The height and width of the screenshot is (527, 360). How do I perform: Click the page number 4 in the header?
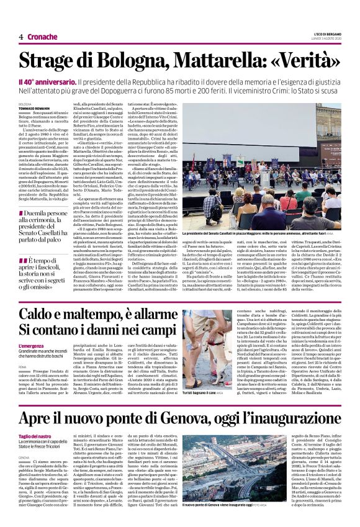tap(21, 37)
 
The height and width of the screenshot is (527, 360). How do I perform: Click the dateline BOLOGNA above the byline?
tap(25, 104)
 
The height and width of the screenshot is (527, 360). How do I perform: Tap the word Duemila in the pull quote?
tap(38, 213)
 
